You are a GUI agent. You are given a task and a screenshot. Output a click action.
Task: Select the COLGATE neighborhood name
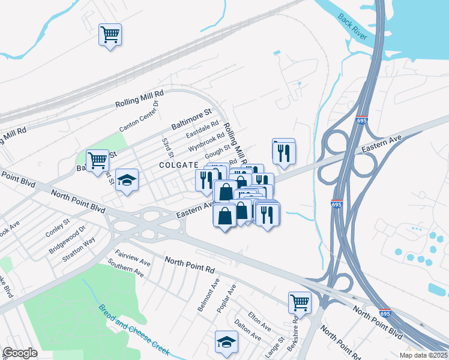coord(178,165)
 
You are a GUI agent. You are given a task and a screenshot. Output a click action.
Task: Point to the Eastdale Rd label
coord(202,129)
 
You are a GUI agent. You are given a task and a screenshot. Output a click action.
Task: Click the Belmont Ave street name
coord(208,295)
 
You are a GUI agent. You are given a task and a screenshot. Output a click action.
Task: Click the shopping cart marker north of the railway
coord(110,35)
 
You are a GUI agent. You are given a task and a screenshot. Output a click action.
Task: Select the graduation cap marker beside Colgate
coord(127,180)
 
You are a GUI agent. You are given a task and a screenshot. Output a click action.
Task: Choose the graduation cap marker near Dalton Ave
coord(226,342)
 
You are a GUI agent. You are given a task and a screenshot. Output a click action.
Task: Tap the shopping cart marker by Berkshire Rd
coord(300,302)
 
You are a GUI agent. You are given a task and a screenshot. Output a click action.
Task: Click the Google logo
coord(20,353)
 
